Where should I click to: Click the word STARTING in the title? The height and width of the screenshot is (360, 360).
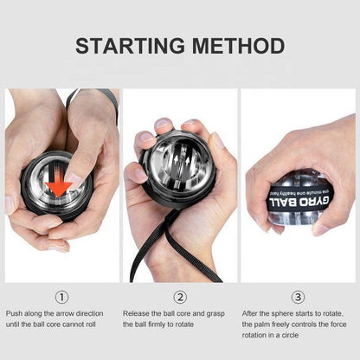coord(130,46)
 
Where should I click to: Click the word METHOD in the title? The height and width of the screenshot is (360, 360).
coord(239,46)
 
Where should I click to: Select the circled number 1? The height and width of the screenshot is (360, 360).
coord(61,297)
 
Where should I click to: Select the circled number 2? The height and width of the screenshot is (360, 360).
coord(180,297)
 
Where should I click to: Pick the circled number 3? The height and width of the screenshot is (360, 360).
coord(298,297)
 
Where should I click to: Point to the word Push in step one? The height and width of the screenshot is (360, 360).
coord(14,313)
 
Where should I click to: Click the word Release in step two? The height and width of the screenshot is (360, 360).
coord(137,313)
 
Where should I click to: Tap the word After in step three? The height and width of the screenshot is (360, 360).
coord(249,313)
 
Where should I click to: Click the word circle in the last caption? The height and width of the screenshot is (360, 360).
coord(289,335)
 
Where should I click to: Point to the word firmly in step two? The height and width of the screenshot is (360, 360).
coord(157,325)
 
